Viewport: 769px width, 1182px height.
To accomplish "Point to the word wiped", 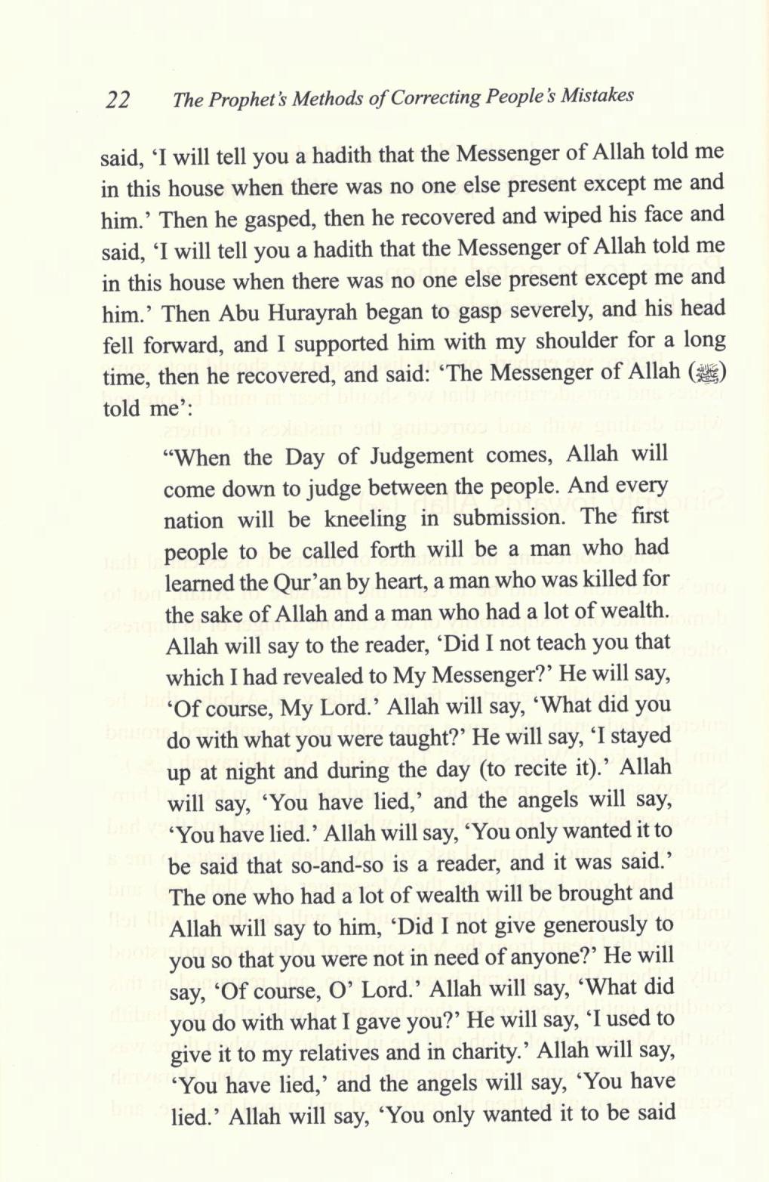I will pos(555,215).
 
